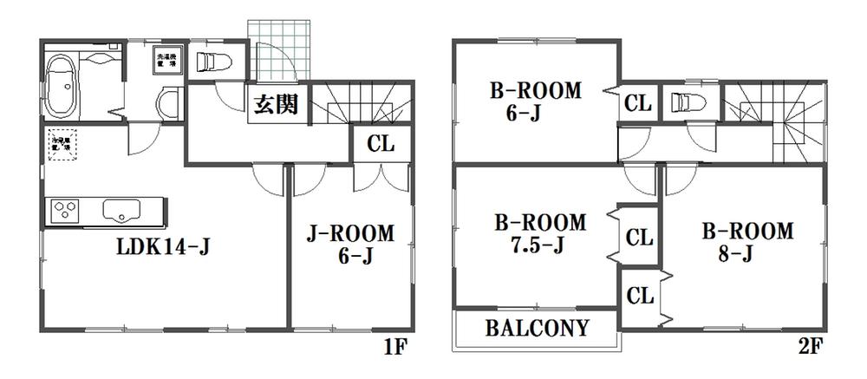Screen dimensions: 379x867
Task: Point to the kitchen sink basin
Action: pyautogui.click(x=122, y=210)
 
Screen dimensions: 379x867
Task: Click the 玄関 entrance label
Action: pyautogui.click(x=277, y=106)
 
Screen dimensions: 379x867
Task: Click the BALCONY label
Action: pyautogui.click(x=537, y=329)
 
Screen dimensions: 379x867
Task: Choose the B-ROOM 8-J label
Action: pyautogui.click(x=747, y=242)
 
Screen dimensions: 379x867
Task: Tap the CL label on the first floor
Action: pyautogui.click(x=381, y=144)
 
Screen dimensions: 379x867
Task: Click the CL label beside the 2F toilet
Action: pyautogui.click(x=637, y=103)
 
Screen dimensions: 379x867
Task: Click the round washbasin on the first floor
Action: pyautogui.click(x=168, y=105)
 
